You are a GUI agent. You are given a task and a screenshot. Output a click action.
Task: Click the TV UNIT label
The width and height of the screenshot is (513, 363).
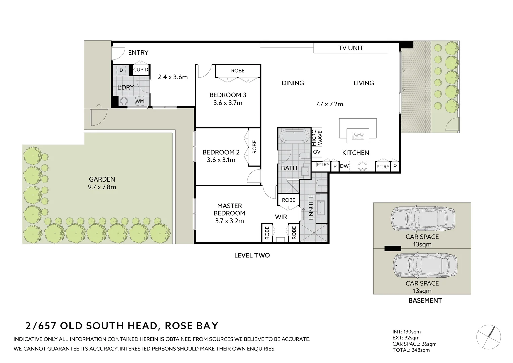[351, 48]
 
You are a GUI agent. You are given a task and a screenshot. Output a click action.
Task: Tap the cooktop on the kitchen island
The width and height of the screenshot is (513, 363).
[358, 135]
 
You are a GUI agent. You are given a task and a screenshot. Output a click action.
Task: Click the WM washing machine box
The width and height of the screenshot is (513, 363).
[140, 101]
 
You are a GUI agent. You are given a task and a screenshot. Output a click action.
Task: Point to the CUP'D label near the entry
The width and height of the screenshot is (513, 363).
[141, 70]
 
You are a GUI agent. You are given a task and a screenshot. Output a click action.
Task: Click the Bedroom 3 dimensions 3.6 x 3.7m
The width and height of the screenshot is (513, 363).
[228, 103]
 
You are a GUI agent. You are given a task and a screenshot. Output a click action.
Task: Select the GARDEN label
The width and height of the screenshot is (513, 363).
[102, 179]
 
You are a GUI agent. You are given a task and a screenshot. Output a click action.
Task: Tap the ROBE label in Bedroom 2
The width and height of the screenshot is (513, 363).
[254, 147]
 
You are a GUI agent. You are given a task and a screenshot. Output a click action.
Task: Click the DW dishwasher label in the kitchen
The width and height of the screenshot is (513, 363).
[344, 166]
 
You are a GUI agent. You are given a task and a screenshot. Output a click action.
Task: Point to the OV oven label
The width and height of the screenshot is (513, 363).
[317, 152]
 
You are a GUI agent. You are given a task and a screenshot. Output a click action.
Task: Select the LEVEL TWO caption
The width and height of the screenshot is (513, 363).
[252, 255]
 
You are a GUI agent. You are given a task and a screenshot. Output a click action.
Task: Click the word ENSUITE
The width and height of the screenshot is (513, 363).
[311, 207]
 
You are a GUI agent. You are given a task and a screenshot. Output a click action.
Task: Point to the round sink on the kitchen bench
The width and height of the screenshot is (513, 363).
[362, 166]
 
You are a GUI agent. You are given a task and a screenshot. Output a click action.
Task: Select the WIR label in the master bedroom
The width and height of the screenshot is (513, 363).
[281, 217]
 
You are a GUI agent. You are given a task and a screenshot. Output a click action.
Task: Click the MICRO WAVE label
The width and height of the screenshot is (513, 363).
[317, 138]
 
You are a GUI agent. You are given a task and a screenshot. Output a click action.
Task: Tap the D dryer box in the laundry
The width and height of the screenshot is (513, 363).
[121, 70]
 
